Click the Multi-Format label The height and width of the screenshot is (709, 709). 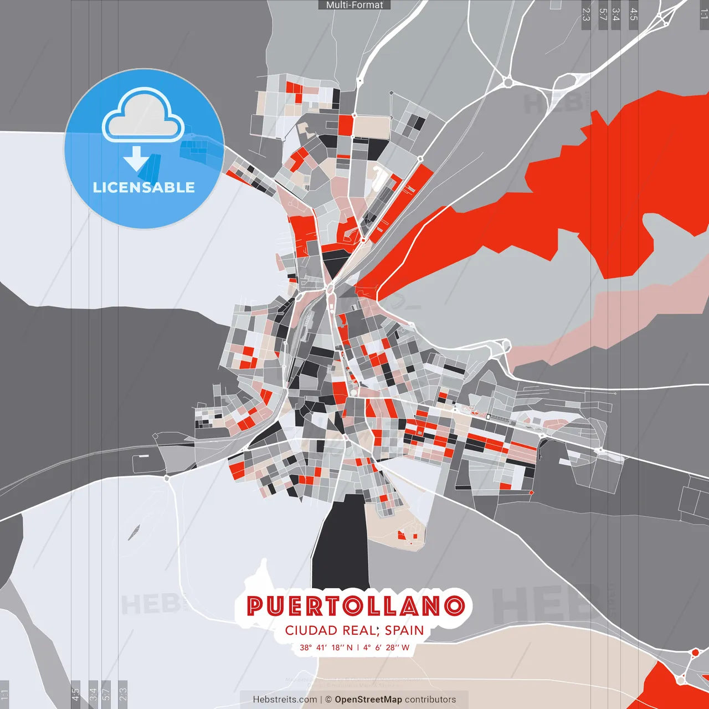click(354, 5)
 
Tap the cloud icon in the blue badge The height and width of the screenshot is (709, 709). click(143, 115)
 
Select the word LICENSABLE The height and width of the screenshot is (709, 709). click(144, 187)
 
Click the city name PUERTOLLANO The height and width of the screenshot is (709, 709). click(356, 606)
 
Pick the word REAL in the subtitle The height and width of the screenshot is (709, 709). click(360, 630)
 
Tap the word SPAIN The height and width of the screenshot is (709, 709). click(404, 630)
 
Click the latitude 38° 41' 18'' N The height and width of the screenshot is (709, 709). click(326, 648)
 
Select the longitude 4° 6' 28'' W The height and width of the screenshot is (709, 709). click(387, 648)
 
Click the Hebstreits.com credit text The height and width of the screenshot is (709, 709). click(285, 700)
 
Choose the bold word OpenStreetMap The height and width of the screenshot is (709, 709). click(368, 700)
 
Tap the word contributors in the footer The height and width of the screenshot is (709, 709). click(430, 700)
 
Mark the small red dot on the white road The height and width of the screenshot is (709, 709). click(695, 653)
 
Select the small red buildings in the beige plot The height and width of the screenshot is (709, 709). click(407, 535)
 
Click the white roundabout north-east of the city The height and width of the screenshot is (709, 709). click(507, 83)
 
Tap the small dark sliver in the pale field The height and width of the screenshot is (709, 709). click(134, 532)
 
